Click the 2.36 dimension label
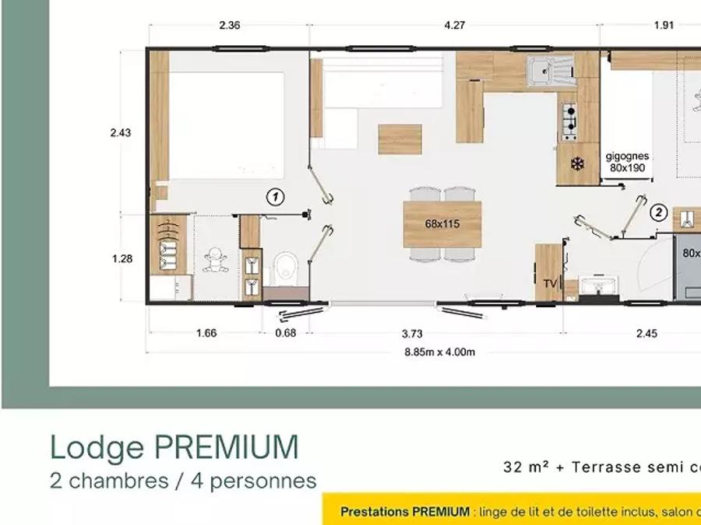[229, 26]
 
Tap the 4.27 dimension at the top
[455, 26]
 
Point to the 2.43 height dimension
[121, 132]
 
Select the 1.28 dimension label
[122, 258]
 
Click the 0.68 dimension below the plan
[286, 333]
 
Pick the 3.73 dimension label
[412, 334]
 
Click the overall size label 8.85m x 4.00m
[440, 352]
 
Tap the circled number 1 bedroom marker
[276, 197]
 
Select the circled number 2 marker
[658, 213]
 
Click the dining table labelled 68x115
[442, 224]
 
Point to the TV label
[551, 284]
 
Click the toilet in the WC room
[285, 268]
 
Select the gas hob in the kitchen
[569, 122]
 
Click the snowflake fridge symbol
[577, 165]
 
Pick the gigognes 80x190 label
[627, 162]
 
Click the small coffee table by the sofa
[400, 140]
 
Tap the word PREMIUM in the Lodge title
[226, 447]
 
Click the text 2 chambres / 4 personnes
[183, 481]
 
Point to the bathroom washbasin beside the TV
[598, 285]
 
